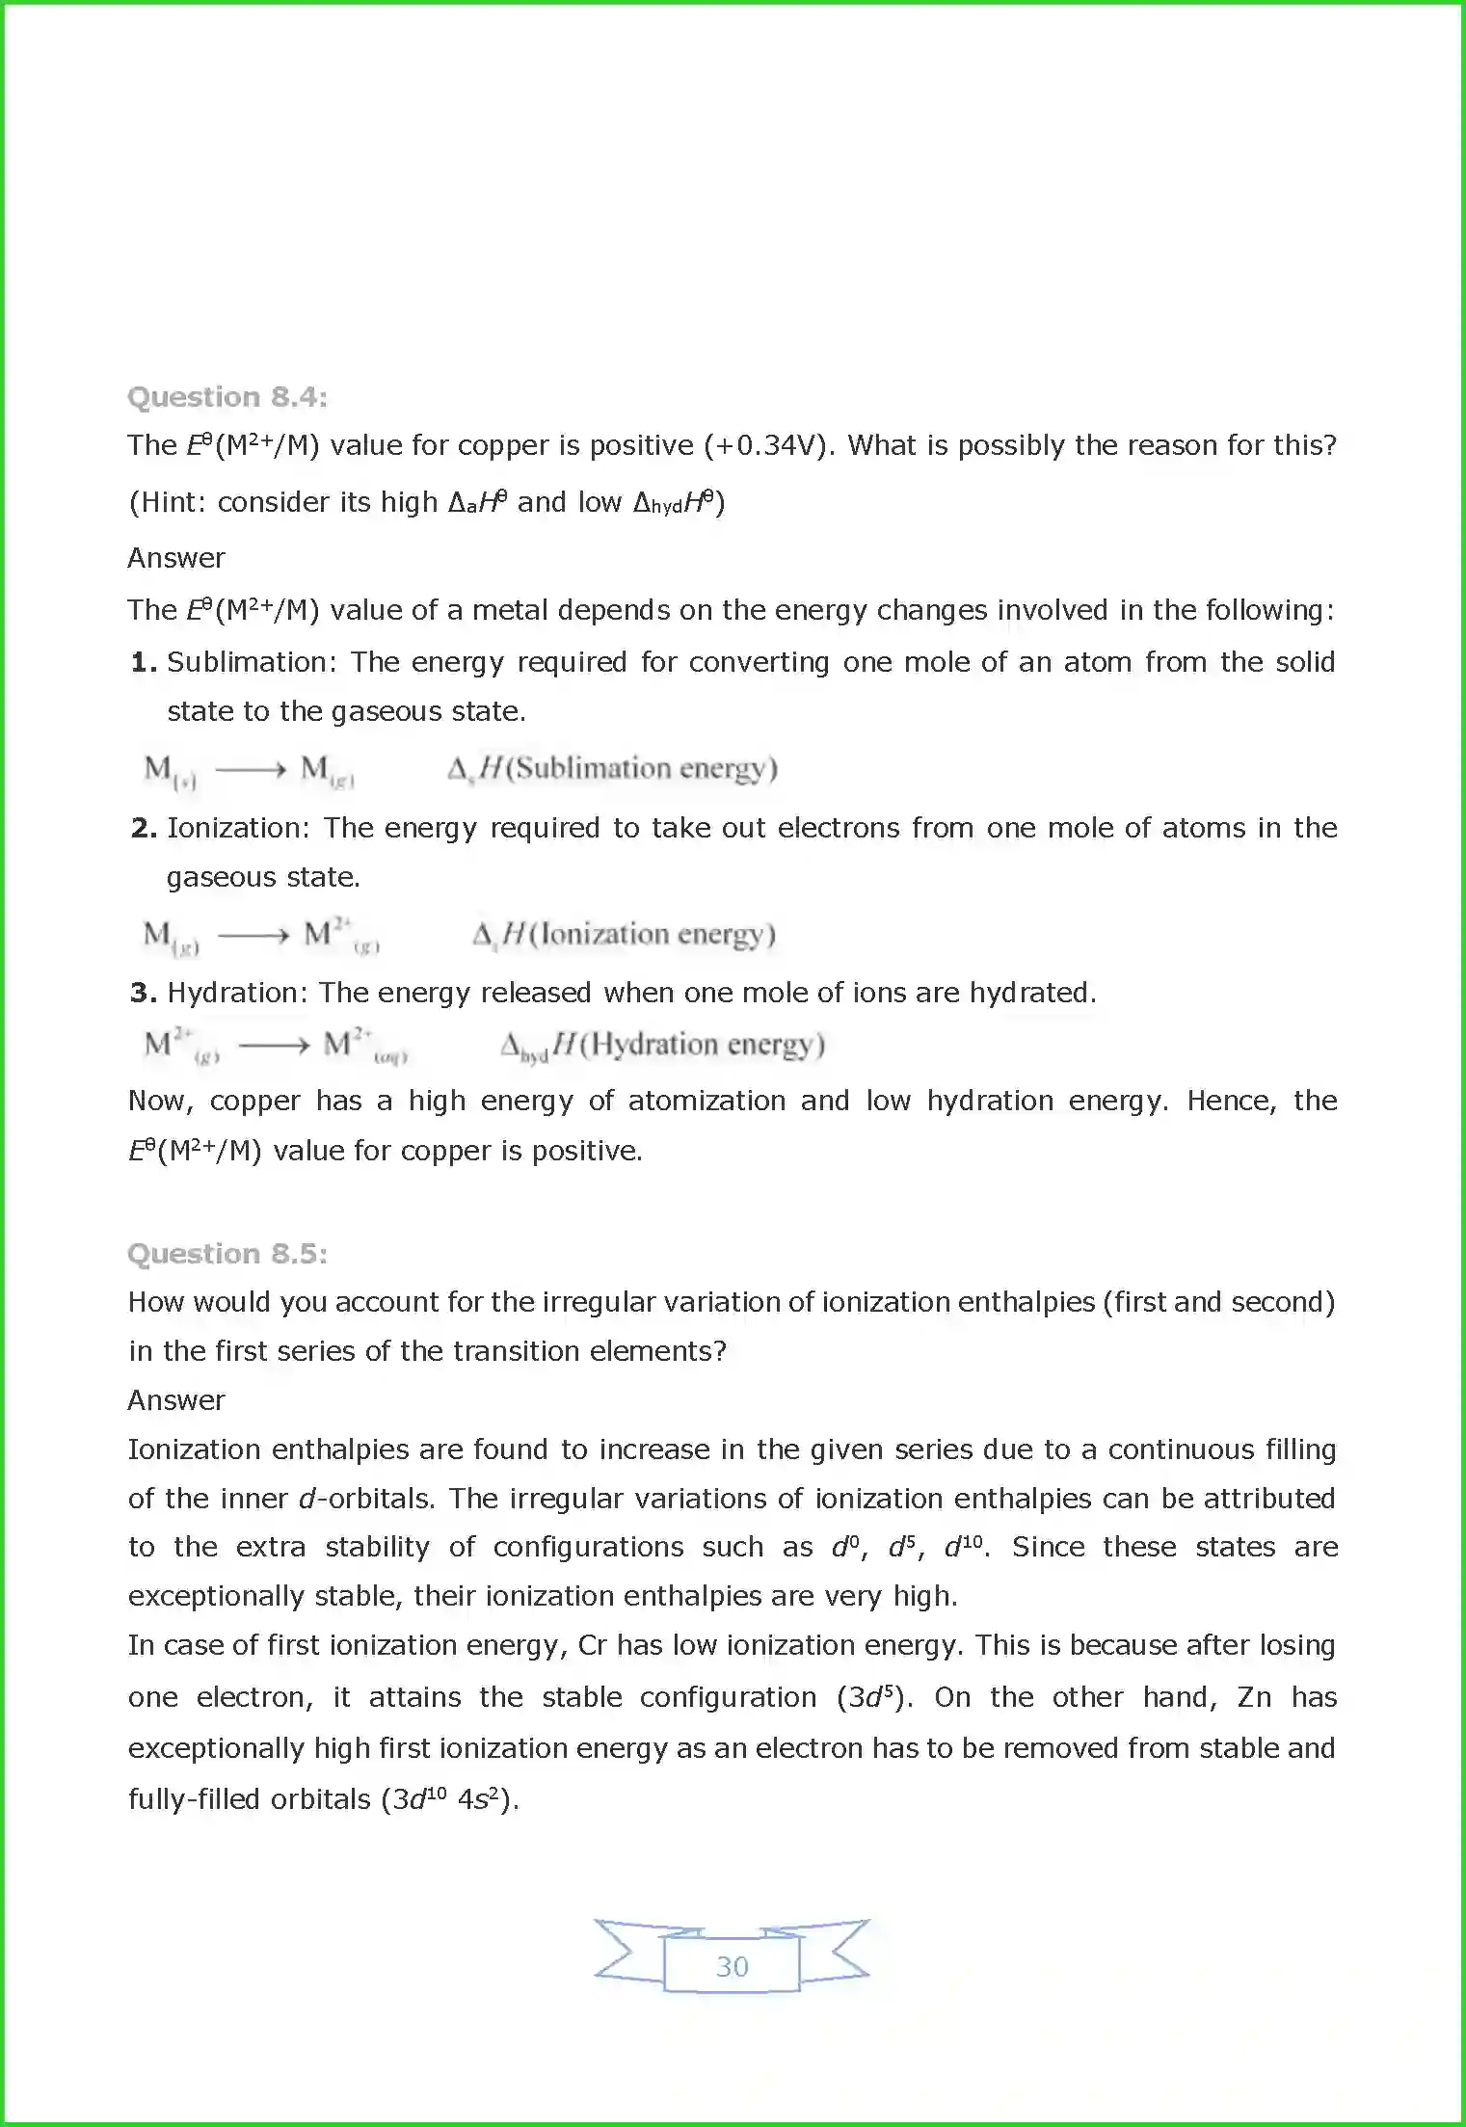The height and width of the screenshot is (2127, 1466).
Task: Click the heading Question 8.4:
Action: pyautogui.click(x=227, y=397)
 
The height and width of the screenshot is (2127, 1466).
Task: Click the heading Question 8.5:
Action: pyautogui.click(x=227, y=1254)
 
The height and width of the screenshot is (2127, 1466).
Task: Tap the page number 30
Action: pyautogui.click(x=732, y=1966)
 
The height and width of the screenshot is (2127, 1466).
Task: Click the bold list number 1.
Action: pyautogui.click(x=143, y=662)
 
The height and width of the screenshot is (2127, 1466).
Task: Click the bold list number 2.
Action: pyautogui.click(x=143, y=828)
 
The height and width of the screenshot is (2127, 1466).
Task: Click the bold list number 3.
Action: pyautogui.click(x=143, y=993)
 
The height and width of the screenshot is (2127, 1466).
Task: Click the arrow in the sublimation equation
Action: pyautogui.click(x=251, y=769)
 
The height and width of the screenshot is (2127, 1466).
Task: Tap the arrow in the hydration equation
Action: pyautogui.click(x=274, y=1045)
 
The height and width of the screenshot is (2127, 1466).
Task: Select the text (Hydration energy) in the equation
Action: pyautogui.click(x=701, y=1045)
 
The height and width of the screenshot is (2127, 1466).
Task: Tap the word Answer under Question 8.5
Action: pyautogui.click(x=176, y=1400)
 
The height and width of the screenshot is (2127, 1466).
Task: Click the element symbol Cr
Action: pyautogui.click(x=592, y=1645)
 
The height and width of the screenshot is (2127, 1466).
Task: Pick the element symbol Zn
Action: pyautogui.click(x=1254, y=1697)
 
